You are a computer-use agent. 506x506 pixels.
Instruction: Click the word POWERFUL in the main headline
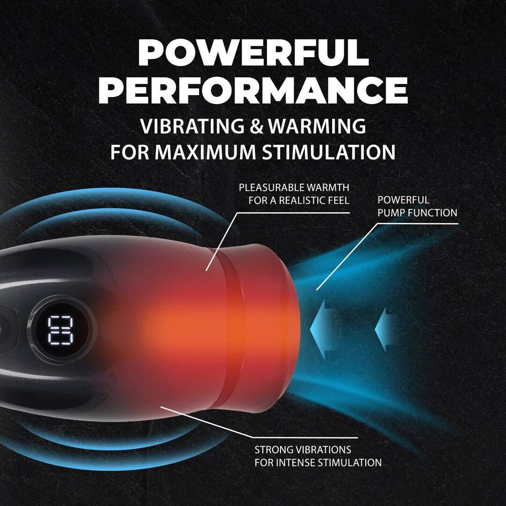point(253,53)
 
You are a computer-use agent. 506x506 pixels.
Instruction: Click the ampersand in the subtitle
point(257,126)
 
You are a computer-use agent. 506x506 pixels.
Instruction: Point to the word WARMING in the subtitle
point(317,126)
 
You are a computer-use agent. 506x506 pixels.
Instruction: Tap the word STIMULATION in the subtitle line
point(328,152)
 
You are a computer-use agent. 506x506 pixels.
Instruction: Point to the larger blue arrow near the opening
point(323,329)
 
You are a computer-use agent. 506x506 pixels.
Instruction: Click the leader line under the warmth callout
point(277,242)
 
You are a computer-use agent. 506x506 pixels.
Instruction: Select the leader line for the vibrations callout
point(259,422)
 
